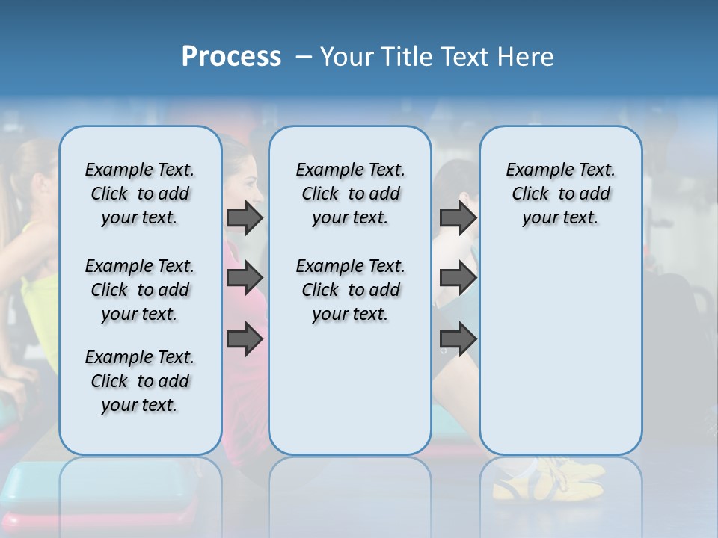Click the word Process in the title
(x=231, y=57)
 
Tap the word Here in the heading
(x=527, y=57)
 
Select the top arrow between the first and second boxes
(x=245, y=217)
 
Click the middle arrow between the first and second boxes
(x=245, y=279)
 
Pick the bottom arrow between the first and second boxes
(x=245, y=340)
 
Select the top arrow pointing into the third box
(x=458, y=217)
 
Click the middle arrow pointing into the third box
(x=458, y=279)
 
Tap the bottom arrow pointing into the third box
(x=458, y=340)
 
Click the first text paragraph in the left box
(x=140, y=194)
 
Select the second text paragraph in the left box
(x=140, y=290)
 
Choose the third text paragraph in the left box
(x=140, y=381)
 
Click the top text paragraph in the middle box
(x=350, y=194)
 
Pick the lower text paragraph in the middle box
(x=350, y=290)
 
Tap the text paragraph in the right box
(x=560, y=194)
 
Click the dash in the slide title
(x=304, y=57)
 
